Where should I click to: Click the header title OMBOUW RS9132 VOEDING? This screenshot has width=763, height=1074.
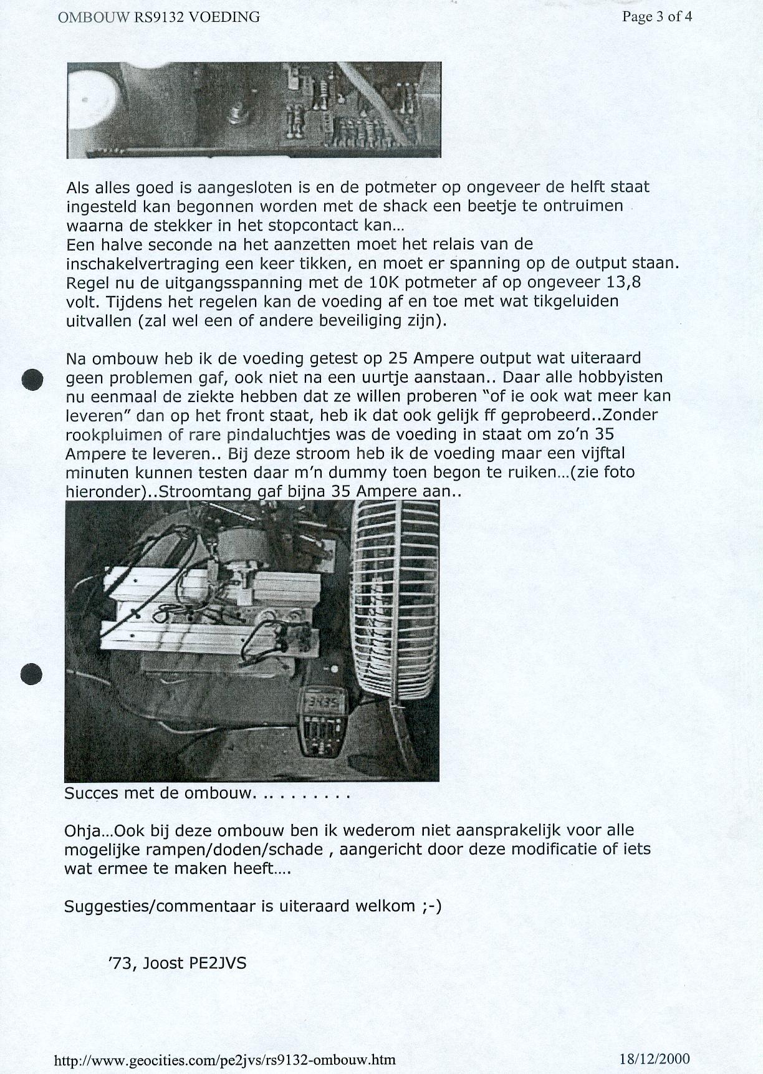pos(158,17)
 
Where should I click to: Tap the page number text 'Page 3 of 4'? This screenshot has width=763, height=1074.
pos(656,17)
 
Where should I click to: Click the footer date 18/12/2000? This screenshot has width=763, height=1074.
pos(655,1058)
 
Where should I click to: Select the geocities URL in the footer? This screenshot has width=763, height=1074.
pos(225,1060)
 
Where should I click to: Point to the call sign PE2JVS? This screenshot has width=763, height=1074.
pos(218,963)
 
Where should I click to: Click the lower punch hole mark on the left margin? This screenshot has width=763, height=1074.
pos(32,673)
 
